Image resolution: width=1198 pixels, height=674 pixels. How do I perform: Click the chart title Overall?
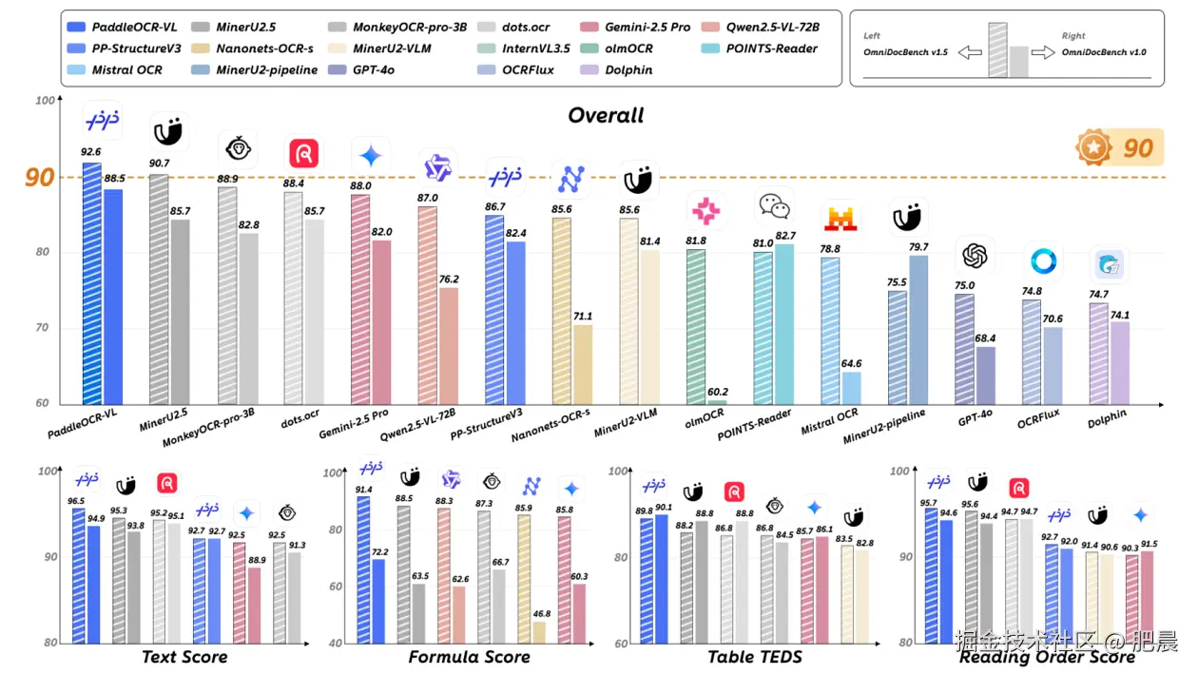coord(606,115)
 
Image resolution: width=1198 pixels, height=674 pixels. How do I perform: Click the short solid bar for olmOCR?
coord(716,402)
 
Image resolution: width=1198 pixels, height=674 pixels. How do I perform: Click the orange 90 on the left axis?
coord(39,178)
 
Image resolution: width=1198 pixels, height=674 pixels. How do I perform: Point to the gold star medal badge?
coord(1093,147)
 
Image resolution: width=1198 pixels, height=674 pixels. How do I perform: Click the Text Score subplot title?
coord(184,656)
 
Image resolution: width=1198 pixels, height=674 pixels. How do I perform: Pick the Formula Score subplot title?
coord(469,656)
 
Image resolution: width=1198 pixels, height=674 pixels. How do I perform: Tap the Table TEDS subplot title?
coord(755,656)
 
